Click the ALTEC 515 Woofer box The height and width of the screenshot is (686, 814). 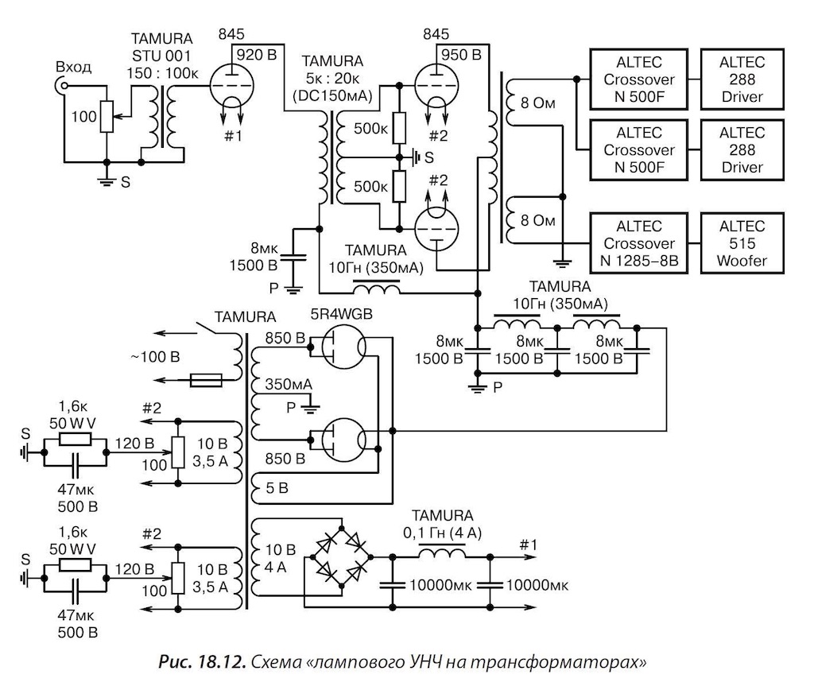[x=742, y=243]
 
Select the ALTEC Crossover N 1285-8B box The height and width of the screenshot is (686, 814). [x=639, y=243]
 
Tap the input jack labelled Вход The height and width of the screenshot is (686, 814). [x=62, y=86]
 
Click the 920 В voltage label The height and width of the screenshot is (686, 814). [x=257, y=55]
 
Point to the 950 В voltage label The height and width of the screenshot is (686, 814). [x=462, y=55]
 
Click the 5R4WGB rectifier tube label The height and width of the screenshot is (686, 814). [x=342, y=314]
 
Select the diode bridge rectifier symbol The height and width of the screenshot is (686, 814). [x=342, y=556]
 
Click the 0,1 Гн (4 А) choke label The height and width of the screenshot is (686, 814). [x=442, y=533]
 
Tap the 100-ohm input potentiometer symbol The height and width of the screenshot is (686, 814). [x=107, y=117]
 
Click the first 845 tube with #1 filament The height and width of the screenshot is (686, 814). [x=231, y=87]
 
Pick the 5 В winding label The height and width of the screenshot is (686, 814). [x=277, y=488]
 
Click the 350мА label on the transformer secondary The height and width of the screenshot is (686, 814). [x=289, y=384]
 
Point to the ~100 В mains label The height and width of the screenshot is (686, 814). [x=155, y=357]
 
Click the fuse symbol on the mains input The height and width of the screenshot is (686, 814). [x=206, y=381]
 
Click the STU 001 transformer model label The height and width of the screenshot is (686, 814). [x=161, y=56]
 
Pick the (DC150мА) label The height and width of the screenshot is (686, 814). [x=332, y=95]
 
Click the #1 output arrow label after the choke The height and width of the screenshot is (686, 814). [x=528, y=545]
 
